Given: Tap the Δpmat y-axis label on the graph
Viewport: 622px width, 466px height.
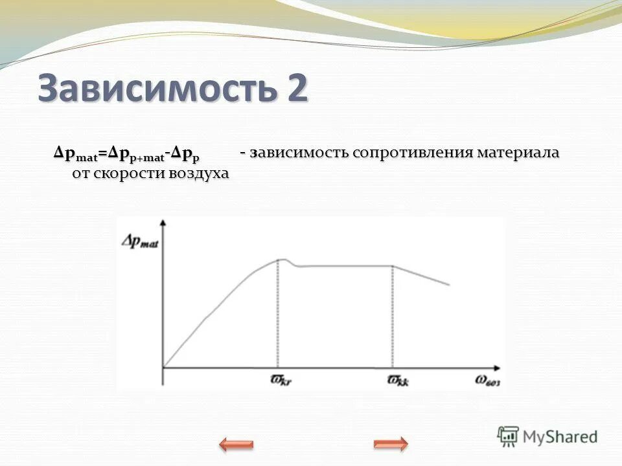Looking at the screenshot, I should tap(140, 241).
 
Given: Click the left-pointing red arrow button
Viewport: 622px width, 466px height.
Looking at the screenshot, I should tap(236, 444).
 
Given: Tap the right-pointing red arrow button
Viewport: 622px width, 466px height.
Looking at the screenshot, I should tap(391, 444).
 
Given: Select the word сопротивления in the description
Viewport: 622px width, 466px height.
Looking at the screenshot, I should tap(413, 154).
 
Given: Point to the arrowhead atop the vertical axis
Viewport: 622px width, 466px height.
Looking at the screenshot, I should tap(163, 222).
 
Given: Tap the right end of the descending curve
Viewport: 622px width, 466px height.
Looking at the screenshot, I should tap(448, 285).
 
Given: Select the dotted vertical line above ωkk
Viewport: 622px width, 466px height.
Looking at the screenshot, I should tap(392, 317).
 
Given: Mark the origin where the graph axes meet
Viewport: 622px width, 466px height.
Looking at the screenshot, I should tap(163, 368).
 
